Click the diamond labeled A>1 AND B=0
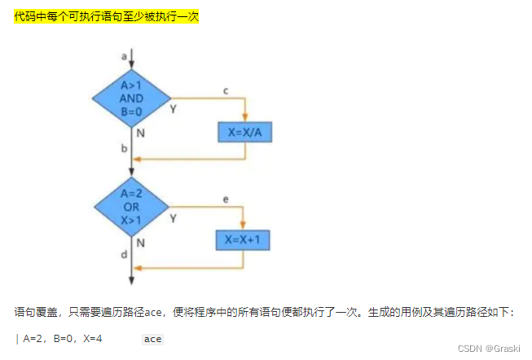click(131, 98)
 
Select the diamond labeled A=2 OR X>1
click(131, 206)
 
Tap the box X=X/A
click(244, 132)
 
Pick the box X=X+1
click(244, 240)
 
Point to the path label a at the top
click(124, 56)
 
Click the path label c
click(226, 90)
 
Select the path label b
click(124, 149)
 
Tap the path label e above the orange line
click(225, 198)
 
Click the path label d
click(124, 255)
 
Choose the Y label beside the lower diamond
click(173, 217)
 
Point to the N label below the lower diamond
click(141, 242)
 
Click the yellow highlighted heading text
click(106, 16)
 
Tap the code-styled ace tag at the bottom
click(152, 339)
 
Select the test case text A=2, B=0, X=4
click(62, 339)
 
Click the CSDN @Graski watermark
click(489, 348)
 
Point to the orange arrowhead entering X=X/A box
click(244, 116)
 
